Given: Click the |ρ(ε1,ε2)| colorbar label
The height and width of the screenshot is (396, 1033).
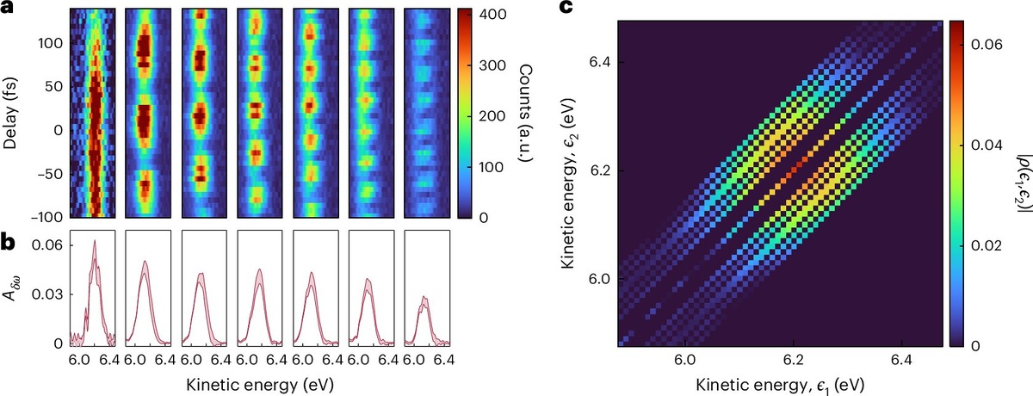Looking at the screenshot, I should point(1022,180).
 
